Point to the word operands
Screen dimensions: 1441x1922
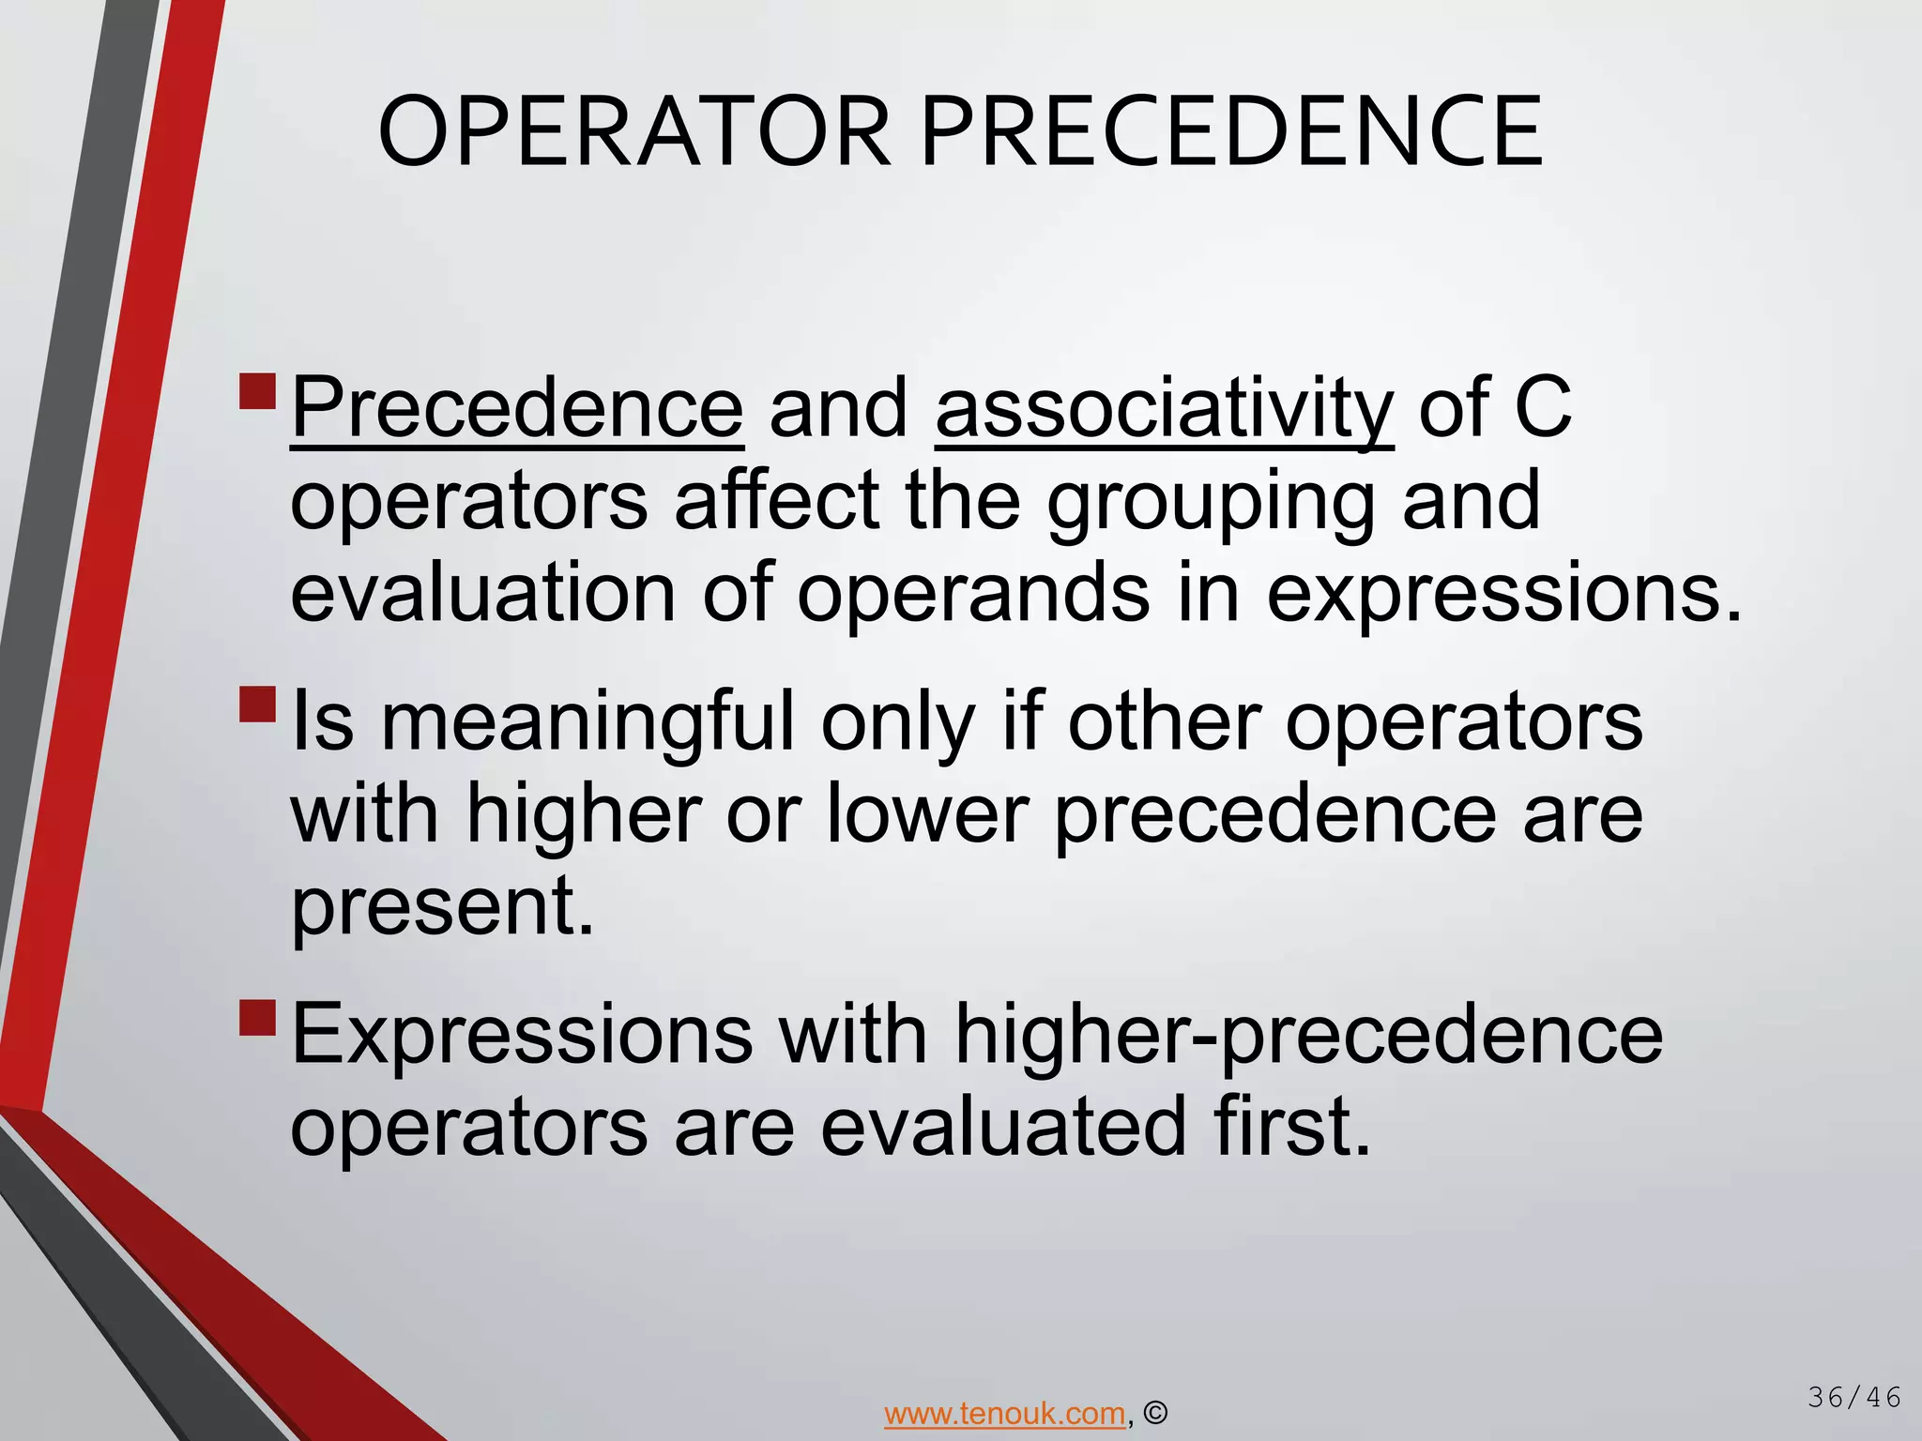[973, 593]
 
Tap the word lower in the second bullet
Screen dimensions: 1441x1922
[928, 814]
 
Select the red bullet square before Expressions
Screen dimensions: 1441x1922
[258, 1017]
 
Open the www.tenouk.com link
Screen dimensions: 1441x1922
[1004, 1413]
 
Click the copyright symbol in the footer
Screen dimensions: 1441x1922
[1156, 1413]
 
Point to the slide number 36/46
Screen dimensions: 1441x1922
[1854, 1398]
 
